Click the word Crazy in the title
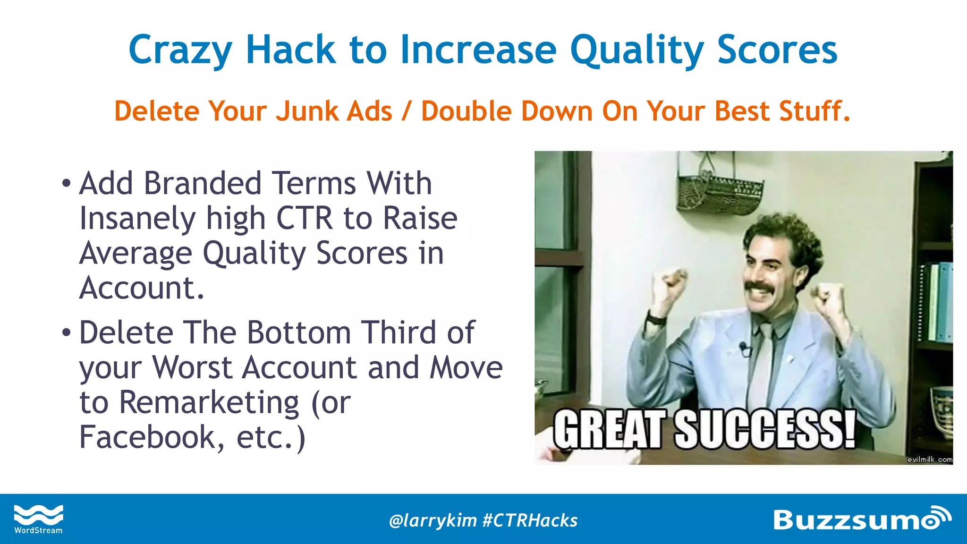click(x=180, y=51)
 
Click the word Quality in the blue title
click(x=637, y=51)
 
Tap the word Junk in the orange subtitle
click(x=304, y=111)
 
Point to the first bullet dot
click(x=66, y=183)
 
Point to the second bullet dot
click(x=66, y=333)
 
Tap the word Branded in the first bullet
click(x=203, y=183)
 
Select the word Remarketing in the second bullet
click(x=209, y=402)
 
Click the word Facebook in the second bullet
click(x=147, y=437)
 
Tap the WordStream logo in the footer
click(x=38, y=519)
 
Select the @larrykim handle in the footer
click(x=433, y=520)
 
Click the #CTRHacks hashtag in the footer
click(x=530, y=520)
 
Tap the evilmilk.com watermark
click(x=929, y=459)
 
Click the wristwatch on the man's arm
click(x=656, y=319)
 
